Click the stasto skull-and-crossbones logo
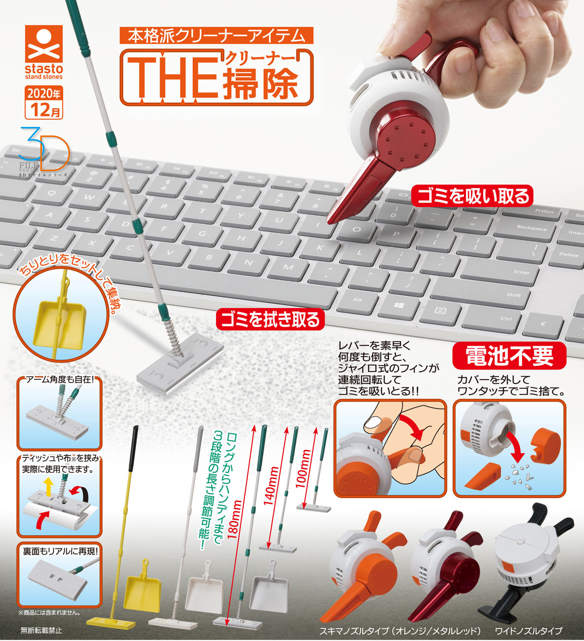44,44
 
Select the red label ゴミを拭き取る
270,319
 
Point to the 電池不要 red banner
509,356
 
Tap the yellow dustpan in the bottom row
142,586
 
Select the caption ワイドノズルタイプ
529,631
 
